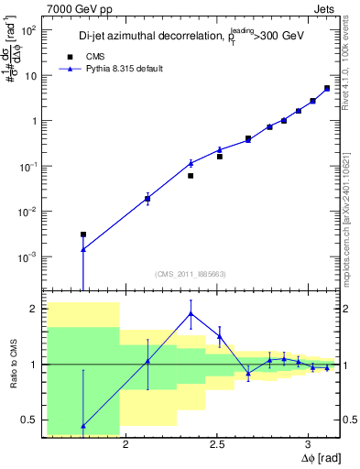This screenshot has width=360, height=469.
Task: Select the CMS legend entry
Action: click(107, 56)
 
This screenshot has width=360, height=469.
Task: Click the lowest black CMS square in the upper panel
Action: click(83, 234)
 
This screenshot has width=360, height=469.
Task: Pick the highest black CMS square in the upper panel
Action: click(327, 89)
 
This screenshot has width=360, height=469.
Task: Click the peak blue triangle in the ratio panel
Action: click(191, 313)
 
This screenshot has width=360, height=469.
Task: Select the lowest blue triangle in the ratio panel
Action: click(83, 426)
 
